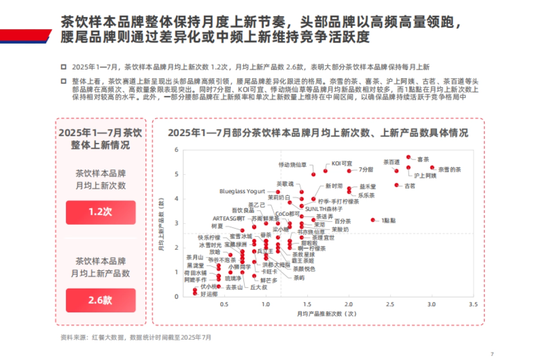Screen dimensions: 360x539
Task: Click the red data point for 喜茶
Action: point(408,157)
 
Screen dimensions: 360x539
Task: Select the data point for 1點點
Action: point(373,220)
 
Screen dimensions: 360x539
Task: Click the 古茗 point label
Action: point(410,185)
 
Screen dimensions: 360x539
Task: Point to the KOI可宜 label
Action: point(342,163)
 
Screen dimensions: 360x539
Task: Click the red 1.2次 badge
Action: point(101,212)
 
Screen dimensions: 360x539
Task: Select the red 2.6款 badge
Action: point(101,300)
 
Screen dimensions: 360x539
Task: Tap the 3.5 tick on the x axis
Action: point(473,305)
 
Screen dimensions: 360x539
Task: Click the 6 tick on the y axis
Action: point(176,150)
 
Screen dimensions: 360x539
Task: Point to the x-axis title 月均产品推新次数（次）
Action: point(326,313)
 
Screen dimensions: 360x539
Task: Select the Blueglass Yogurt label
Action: point(243,191)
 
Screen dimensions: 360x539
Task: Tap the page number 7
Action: point(492,353)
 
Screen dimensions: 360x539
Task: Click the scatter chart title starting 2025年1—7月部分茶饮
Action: point(318,133)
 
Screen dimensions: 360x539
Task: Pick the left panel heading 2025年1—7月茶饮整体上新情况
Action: point(101,139)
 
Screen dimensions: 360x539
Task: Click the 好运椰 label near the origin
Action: point(209,294)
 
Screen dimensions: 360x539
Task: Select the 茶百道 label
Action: point(391,162)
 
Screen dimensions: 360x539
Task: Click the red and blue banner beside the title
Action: point(25,36)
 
